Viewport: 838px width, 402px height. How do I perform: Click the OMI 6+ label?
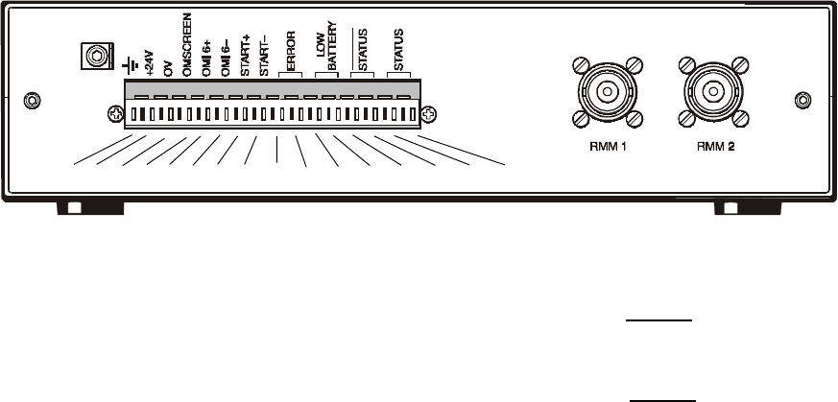click(205, 59)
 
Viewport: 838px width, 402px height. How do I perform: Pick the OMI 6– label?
click(225, 59)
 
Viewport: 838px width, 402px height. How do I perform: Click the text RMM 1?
click(608, 150)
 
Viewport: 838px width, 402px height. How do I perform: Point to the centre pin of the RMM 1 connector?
click(608, 93)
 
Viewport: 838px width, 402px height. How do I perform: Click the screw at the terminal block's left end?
click(114, 116)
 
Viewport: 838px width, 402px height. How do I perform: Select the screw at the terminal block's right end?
click(429, 116)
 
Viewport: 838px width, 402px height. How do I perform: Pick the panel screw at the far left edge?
click(33, 100)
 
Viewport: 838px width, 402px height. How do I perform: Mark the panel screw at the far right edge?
click(804, 100)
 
